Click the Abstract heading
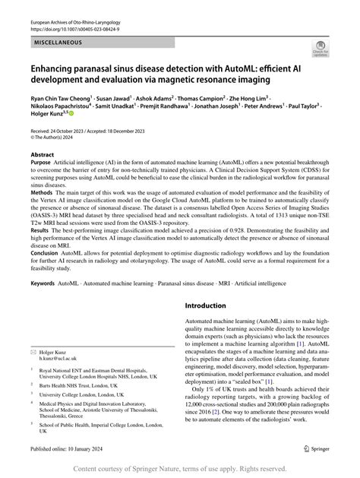[x=43, y=153]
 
